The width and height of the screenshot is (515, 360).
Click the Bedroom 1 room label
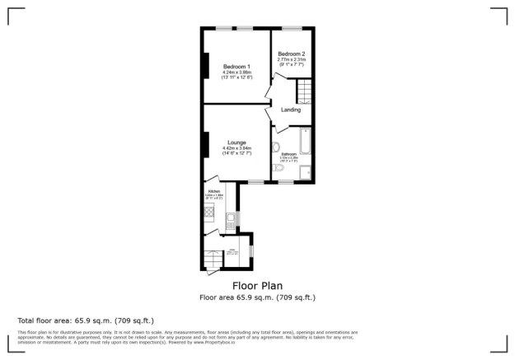click(x=236, y=66)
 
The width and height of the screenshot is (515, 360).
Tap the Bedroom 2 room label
click(x=291, y=54)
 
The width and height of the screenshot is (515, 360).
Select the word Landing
click(x=290, y=110)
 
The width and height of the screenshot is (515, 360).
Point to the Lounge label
click(x=236, y=143)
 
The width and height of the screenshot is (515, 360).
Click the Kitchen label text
click(x=213, y=190)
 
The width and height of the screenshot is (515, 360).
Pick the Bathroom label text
click(x=289, y=154)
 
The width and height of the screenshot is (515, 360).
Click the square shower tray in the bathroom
click(x=306, y=171)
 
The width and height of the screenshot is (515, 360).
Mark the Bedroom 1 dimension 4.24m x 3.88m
click(x=236, y=72)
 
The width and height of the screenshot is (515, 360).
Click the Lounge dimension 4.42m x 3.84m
click(x=236, y=148)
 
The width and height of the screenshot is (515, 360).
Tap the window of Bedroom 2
click(x=292, y=29)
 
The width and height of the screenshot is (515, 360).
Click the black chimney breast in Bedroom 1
click(x=204, y=66)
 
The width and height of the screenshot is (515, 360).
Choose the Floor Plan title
click(x=257, y=286)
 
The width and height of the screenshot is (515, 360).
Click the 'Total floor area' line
click(x=86, y=320)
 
